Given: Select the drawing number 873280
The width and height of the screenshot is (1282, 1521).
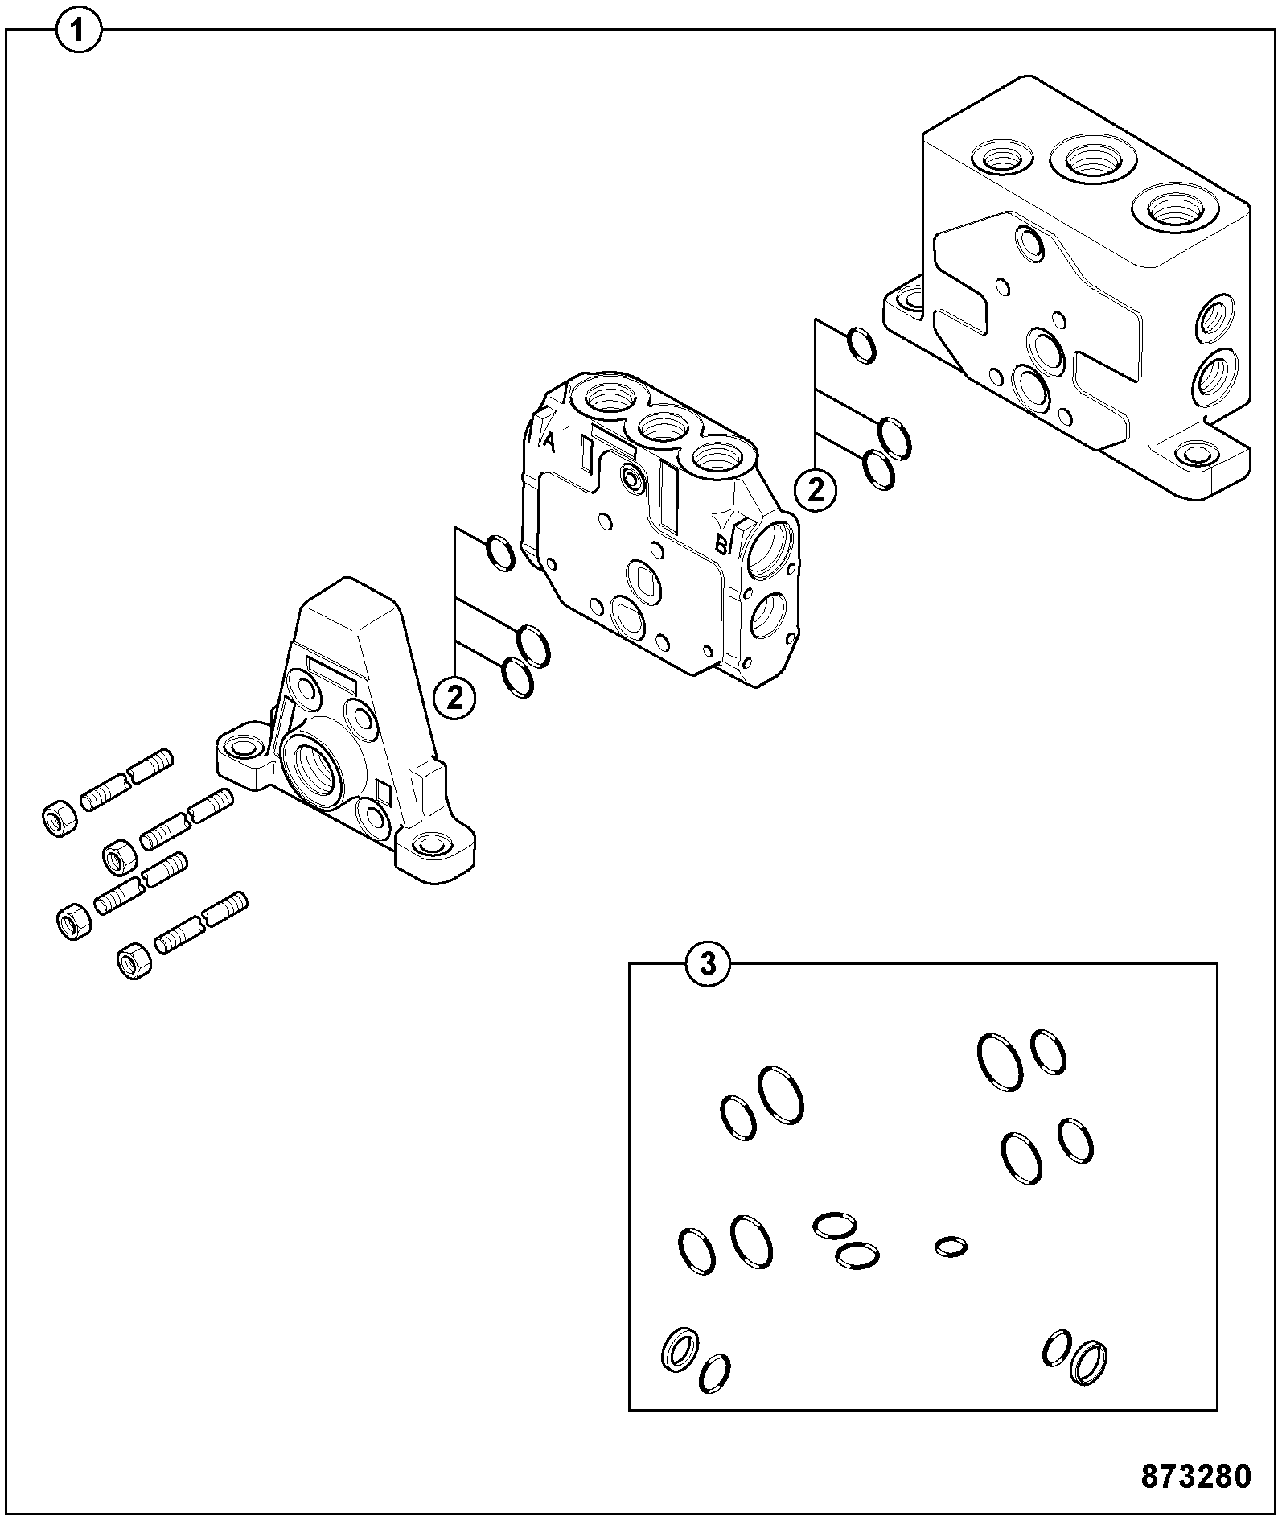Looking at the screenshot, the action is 1196,1476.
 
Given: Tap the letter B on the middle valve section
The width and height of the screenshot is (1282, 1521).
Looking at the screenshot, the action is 722,545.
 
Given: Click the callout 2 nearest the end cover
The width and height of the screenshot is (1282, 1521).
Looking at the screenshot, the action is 455,698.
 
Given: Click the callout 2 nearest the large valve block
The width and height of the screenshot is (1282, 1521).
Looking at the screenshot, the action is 816,490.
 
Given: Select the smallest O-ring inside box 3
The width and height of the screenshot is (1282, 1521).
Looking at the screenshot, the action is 951,1247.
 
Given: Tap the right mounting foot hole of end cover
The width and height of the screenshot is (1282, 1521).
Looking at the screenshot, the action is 432,844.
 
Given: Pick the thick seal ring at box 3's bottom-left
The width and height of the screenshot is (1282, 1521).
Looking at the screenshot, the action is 680,1349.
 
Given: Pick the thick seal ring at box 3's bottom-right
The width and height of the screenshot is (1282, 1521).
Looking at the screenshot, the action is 1088,1360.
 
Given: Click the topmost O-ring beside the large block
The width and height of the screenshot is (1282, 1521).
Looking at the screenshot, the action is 862,345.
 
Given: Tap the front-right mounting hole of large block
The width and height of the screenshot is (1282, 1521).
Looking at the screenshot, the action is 1197,454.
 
